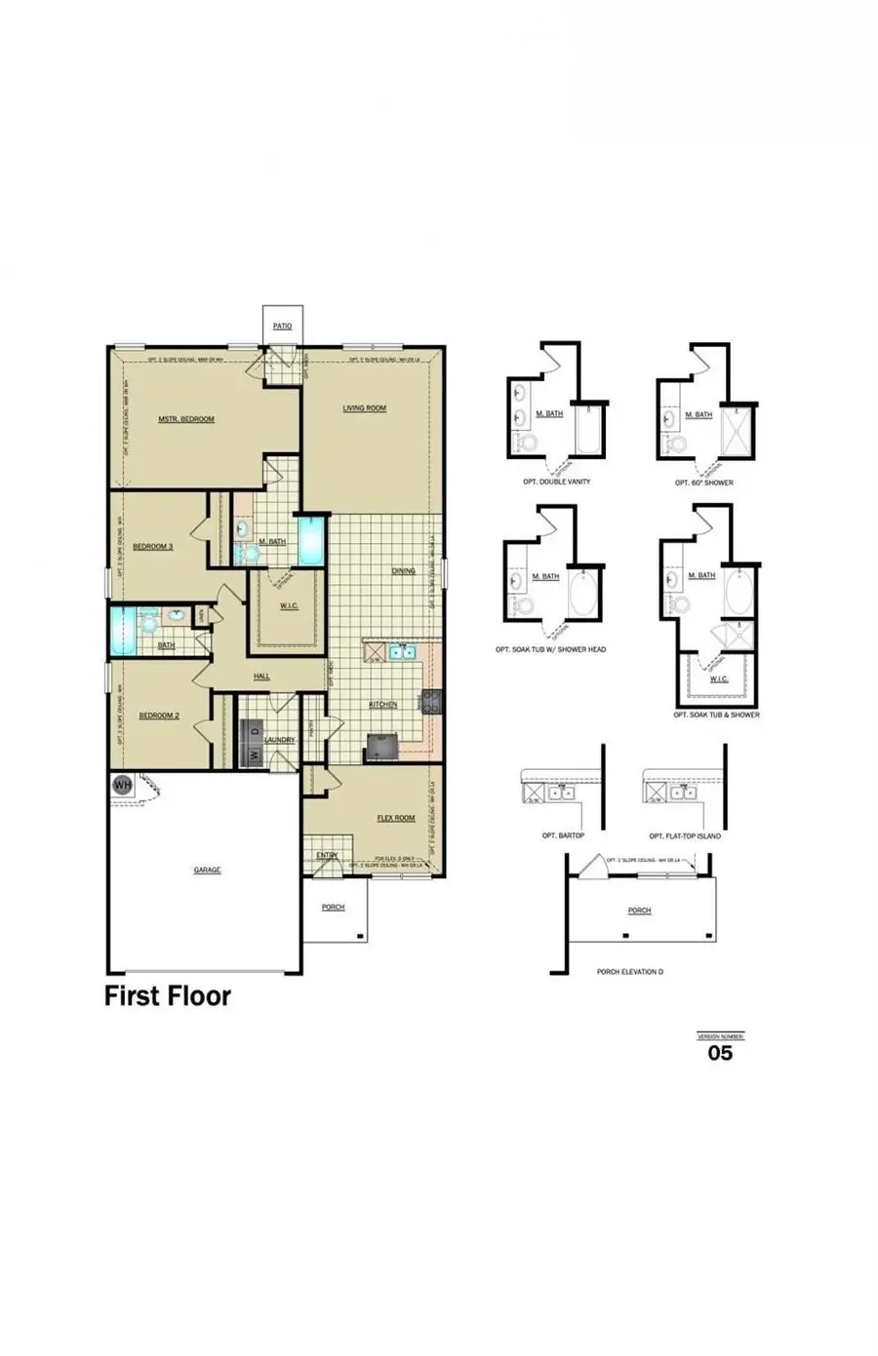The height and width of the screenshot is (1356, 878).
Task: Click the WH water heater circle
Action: [x=122, y=784]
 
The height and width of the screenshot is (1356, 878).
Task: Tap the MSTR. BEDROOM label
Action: [x=185, y=419]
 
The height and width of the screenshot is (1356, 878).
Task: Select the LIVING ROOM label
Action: [x=364, y=408]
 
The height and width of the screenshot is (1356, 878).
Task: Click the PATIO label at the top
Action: [x=282, y=326]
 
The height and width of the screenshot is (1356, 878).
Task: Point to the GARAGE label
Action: [x=207, y=870]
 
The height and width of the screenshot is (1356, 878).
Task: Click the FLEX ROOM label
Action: [x=396, y=818]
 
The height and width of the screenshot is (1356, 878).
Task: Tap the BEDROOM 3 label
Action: [x=153, y=547]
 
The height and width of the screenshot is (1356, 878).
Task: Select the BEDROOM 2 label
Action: [x=159, y=716]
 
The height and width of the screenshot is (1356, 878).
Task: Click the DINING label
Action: [x=403, y=571]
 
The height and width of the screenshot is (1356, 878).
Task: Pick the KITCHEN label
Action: [x=382, y=705]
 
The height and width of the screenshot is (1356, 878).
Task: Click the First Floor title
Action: [x=168, y=996]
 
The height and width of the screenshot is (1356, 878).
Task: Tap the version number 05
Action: [x=720, y=1053]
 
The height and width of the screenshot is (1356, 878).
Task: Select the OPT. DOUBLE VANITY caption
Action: [x=556, y=482]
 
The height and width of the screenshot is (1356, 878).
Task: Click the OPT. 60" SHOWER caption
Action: [x=704, y=483]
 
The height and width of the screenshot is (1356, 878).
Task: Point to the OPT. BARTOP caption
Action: [x=563, y=835]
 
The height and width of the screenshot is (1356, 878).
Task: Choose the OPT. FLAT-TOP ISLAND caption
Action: [x=685, y=835]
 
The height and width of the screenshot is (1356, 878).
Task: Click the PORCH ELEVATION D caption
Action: [x=630, y=972]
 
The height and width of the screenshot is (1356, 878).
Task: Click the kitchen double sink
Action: [x=402, y=652]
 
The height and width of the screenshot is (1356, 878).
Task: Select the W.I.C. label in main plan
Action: [x=289, y=606]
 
